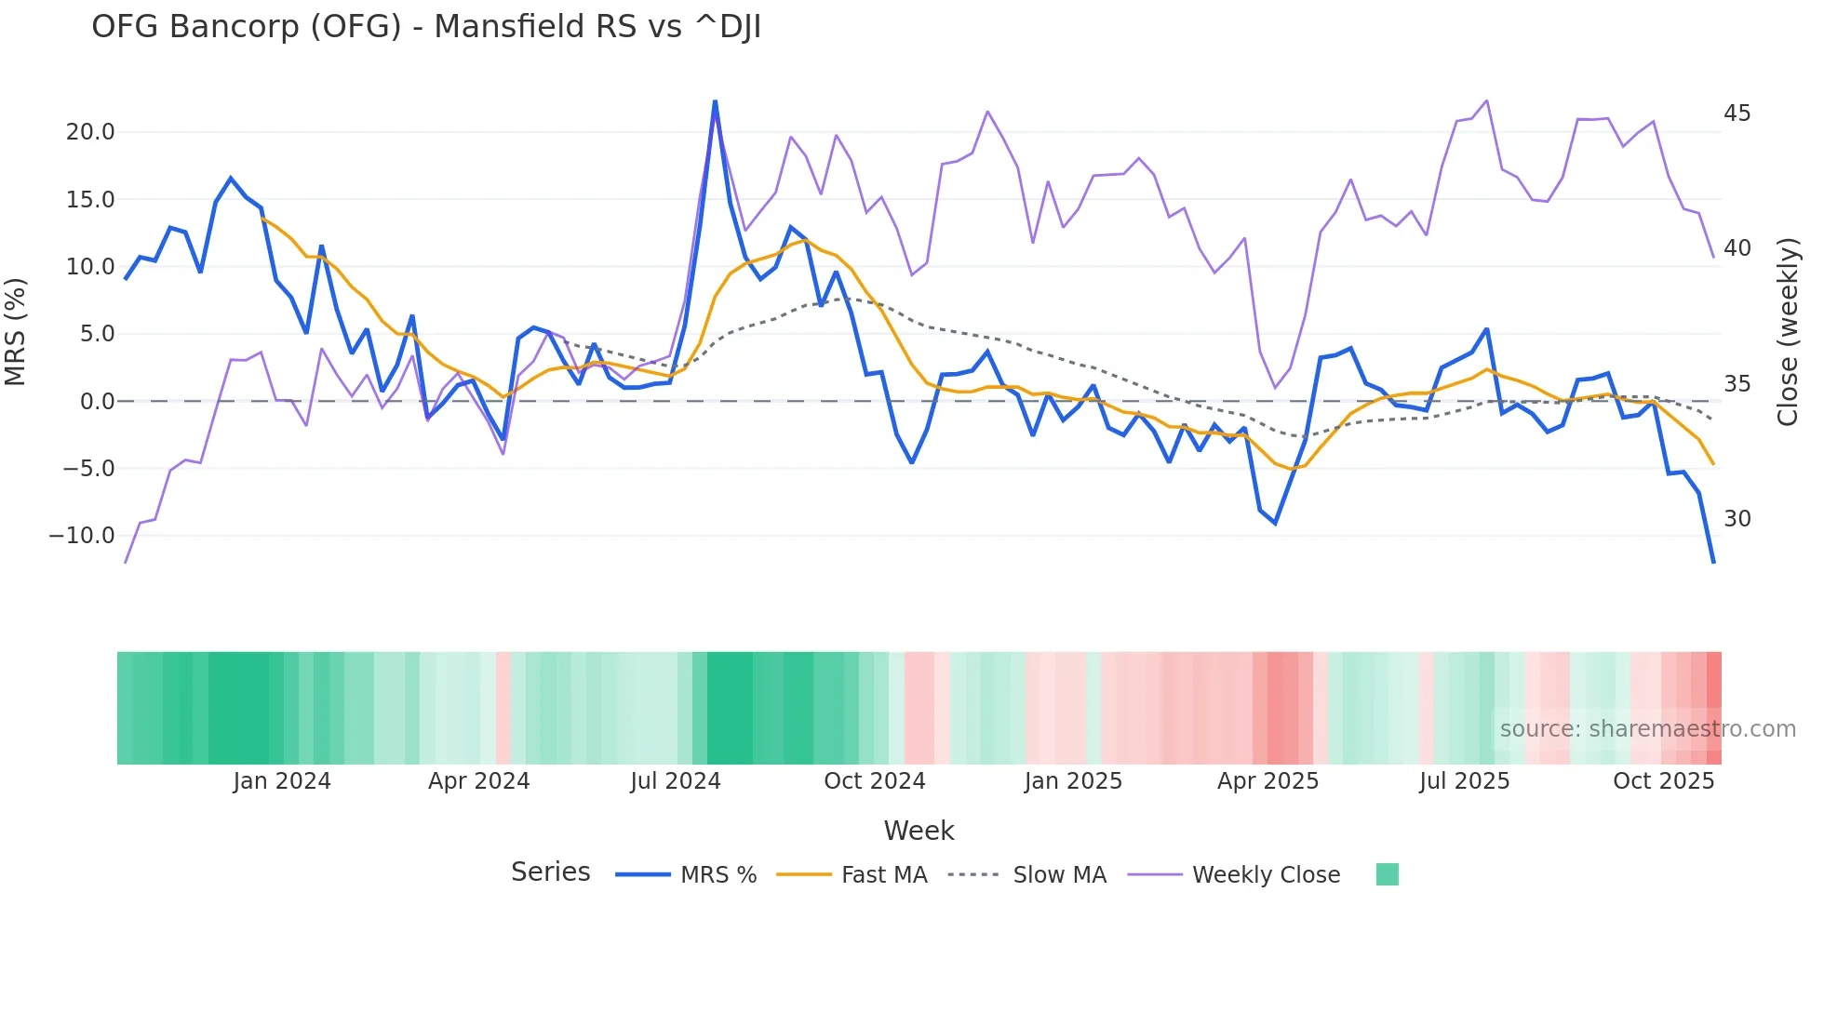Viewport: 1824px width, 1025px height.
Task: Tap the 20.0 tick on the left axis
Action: [90, 132]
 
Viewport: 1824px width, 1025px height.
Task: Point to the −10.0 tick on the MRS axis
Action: [82, 536]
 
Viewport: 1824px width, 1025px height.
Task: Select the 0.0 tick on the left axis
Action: [97, 402]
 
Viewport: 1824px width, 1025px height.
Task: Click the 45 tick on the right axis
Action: [1737, 113]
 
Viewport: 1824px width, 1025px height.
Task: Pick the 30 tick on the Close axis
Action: [1737, 519]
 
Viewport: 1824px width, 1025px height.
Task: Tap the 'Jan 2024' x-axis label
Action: [282, 781]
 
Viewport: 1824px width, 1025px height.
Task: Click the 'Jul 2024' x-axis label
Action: [676, 781]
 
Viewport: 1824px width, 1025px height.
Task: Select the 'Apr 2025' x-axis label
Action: [1267, 781]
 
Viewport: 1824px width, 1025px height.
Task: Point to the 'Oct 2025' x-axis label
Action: [1663, 781]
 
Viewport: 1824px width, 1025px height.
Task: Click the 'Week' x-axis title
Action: [919, 831]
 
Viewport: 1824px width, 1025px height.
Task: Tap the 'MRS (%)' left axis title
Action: [16, 332]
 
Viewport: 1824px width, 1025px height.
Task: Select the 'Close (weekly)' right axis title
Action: [1788, 332]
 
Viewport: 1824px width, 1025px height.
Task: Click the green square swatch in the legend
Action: [1387, 874]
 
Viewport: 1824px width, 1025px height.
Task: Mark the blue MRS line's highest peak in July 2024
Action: [715, 101]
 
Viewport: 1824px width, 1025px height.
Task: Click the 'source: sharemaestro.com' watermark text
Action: [1647, 729]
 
